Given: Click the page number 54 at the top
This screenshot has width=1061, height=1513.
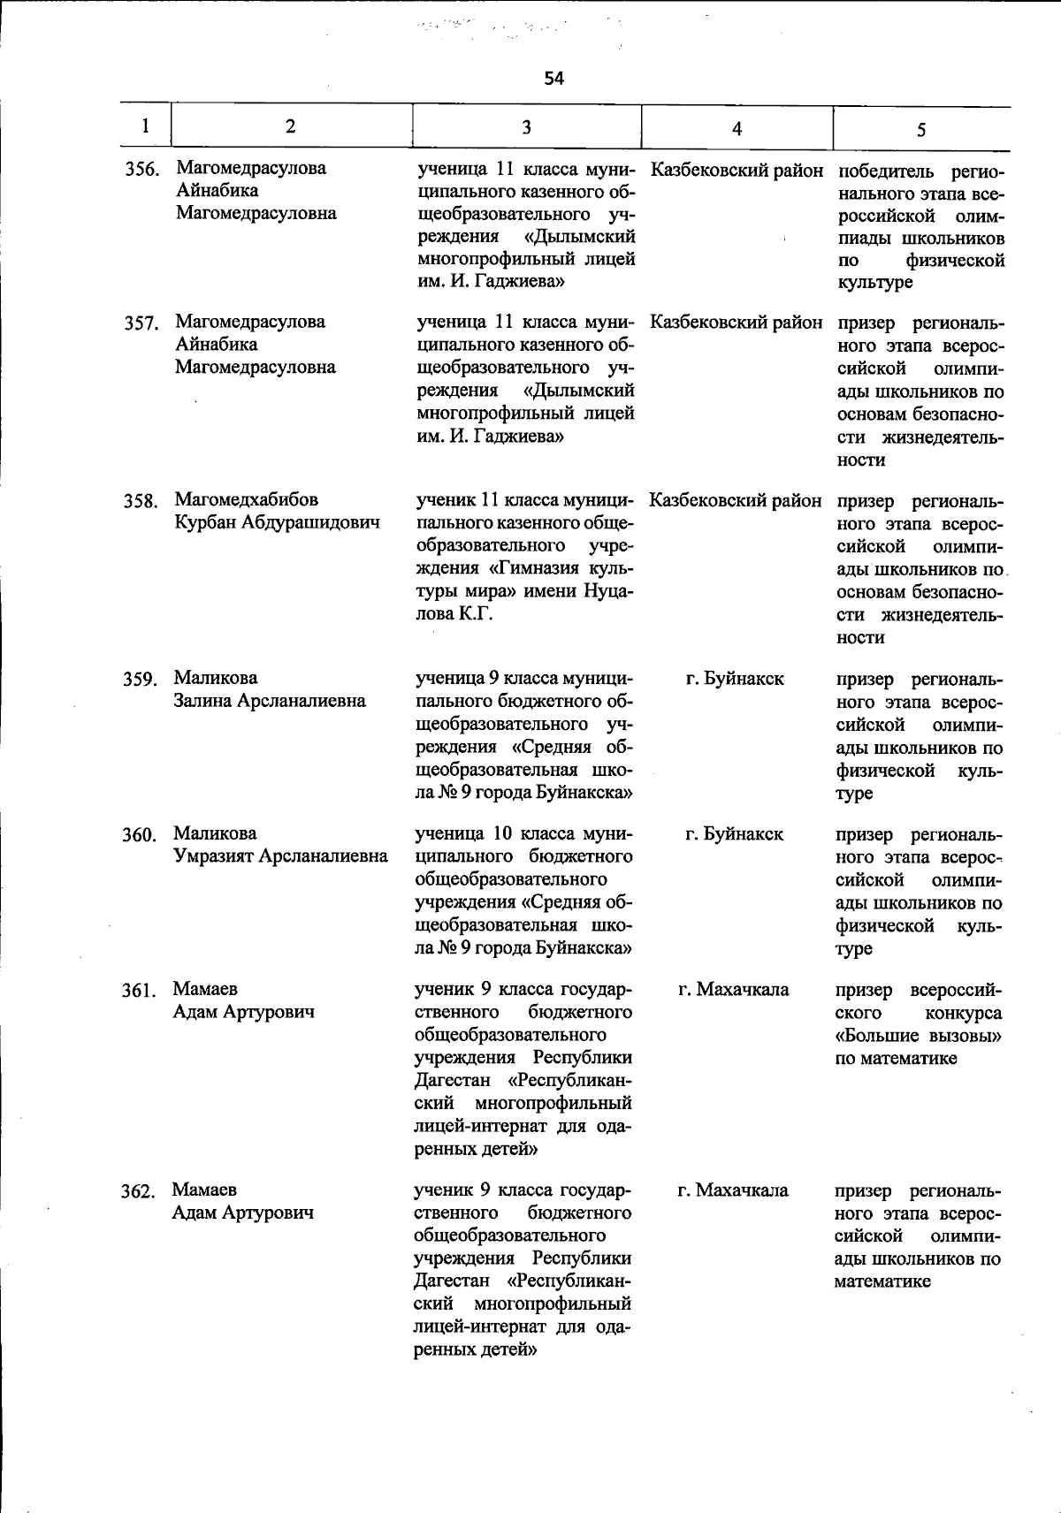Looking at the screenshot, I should coord(553,79).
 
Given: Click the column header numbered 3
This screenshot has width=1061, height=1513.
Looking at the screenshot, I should coord(526,127).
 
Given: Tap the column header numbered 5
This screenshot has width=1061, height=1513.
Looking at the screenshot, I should coord(920,130).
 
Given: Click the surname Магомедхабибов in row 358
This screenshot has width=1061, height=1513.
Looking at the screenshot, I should coord(247,500).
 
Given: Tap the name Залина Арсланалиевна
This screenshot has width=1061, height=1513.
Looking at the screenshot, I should coord(270,701).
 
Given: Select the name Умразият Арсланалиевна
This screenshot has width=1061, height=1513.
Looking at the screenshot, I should coord(279,856).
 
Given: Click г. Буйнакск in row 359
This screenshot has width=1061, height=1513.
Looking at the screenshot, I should coord(735,679).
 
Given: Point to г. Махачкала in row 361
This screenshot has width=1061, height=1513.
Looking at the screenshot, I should coord(734,990).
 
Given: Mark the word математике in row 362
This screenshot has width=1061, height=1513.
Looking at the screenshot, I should coord(882,1281).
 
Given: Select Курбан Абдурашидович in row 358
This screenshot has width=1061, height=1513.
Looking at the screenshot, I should coord(277,522).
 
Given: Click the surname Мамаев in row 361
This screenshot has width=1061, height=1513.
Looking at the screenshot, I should coord(205,989).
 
